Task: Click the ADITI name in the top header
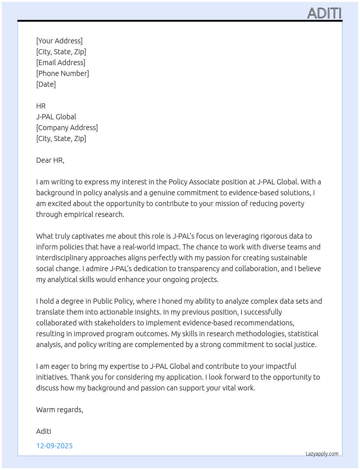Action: [324, 13]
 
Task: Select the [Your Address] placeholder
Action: [59, 41]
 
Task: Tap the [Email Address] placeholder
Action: [61, 63]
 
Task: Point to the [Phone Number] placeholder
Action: [63, 73]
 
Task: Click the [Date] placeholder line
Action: [46, 84]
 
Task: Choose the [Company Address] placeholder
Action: [67, 128]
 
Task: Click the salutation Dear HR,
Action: [50, 160]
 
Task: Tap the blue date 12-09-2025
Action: [55, 446]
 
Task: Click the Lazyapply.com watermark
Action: [322, 454]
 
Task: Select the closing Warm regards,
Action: [60, 410]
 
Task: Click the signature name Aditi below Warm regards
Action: [44, 431]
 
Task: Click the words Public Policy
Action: [113, 301]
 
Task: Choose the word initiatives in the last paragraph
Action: [52, 377]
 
